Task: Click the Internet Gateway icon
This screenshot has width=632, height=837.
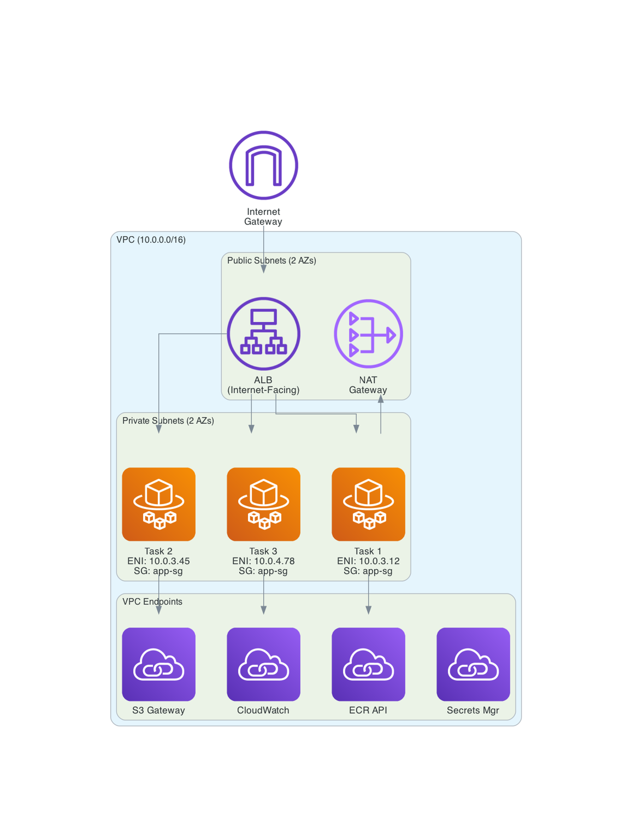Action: point(263,165)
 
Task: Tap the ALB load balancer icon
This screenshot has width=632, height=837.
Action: point(263,334)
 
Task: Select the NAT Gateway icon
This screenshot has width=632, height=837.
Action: point(368,334)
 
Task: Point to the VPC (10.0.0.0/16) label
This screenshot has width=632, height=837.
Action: point(151,240)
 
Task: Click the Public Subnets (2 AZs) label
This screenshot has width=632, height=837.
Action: point(271,261)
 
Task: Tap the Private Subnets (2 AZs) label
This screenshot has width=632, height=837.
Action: point(168,421)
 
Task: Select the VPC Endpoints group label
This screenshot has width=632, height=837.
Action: point(152,602)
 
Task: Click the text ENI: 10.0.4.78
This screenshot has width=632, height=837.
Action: point(263,561)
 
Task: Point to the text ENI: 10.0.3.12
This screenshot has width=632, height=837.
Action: point(368,561)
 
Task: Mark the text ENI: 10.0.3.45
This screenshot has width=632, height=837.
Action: point(159,561)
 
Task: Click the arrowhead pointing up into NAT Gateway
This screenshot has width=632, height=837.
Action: point(381,399)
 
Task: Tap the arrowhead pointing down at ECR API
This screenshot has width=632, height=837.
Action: point(368,610)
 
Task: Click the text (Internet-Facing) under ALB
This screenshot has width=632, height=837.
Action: point(263,390)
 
